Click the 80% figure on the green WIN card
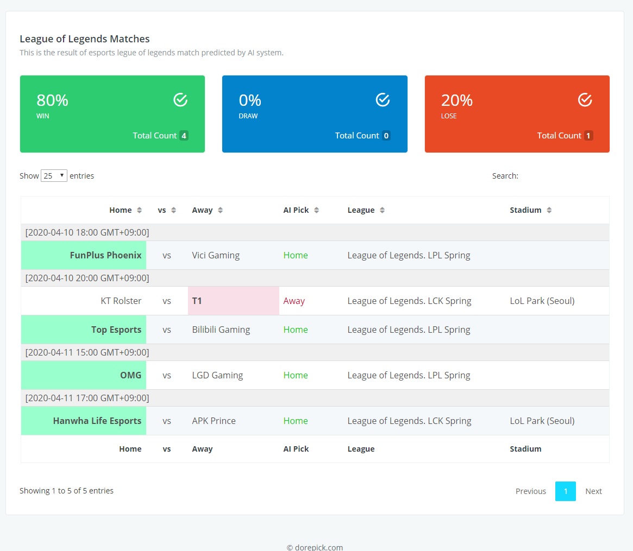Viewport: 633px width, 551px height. click(x=53, y=100)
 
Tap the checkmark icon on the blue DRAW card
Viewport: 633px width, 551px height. click(x=383, y=100)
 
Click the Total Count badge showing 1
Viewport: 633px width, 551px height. click(x=588, y=136)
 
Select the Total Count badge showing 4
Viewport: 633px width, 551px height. click(x=184, y=136)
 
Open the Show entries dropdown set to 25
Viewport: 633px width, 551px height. click(x=54, y=176)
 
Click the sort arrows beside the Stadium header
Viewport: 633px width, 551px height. click(x=549, y=210)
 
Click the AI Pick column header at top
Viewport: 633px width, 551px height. click(x=296, y=210)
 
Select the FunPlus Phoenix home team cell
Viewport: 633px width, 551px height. click(x=84, y=255)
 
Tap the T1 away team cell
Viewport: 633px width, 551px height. click(x=233, y=301)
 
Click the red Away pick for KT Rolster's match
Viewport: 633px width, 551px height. click(x=294, y=301)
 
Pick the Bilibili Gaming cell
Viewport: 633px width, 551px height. click(x=221, y=330)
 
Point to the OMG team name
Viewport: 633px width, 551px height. click(x=131, y=375)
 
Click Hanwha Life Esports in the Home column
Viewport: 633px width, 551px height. click(x=97, y=421)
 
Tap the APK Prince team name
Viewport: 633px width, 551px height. click(x=214, y=421)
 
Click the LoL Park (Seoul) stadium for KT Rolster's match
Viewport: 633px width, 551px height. click(x=542, y=301)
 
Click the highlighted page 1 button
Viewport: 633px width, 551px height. click(x=565, y=491)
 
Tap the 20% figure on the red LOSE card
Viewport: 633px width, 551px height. click(x=456, y=100)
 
